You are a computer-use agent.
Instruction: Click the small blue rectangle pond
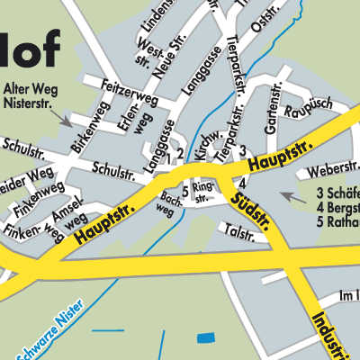pyautogui.click(x=206, y=337)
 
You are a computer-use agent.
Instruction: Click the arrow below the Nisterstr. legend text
pyautogui.click(x=64, y=117)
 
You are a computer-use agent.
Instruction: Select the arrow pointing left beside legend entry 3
pyautogui.click(x=286, y=194)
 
